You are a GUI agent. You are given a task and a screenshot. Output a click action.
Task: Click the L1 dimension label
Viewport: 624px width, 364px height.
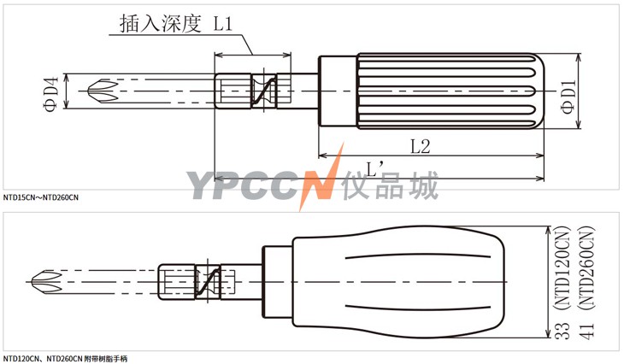(x=223, y=23)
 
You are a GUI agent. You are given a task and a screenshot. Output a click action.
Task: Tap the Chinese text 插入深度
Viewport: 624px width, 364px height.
(x=161, y=23)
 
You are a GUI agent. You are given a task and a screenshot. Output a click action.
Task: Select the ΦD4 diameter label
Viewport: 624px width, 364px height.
(x=52, y=94)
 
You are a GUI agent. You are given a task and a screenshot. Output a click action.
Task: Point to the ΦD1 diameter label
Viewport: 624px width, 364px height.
(x=568, y=97)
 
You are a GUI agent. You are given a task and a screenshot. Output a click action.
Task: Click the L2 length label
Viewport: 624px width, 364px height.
(x=421, y=146)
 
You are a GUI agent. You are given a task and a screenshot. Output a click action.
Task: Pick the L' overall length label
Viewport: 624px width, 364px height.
(x=374, y=169)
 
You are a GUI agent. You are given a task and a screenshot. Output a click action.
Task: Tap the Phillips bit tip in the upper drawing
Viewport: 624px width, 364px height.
(x=103, y=91)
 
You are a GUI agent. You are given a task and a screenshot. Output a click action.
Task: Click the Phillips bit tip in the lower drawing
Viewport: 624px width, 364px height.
(x=46, y=282)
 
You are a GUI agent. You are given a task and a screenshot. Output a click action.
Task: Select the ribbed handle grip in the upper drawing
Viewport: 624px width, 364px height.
(x=450, y=91)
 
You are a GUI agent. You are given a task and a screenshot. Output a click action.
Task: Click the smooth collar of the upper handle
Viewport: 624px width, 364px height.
(x=338, y=91)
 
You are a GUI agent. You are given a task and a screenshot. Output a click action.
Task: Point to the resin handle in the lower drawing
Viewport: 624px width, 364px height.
(x=399, y=282)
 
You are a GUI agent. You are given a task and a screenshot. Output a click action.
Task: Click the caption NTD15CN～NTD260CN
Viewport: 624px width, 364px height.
(x=41, y=197)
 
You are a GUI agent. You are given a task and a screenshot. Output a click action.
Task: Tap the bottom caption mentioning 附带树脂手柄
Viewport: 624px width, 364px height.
(x=65, y=359)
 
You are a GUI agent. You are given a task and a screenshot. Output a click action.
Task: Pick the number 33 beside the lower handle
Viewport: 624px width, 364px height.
(x=562, y=330)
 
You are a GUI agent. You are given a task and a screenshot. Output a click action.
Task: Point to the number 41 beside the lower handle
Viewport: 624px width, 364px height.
(x=586, y=330)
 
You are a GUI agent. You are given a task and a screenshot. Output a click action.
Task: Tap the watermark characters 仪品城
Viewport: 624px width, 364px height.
(x=391, y=185)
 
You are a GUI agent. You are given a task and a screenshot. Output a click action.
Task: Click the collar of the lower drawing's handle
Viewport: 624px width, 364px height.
(x=277, y=282)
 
